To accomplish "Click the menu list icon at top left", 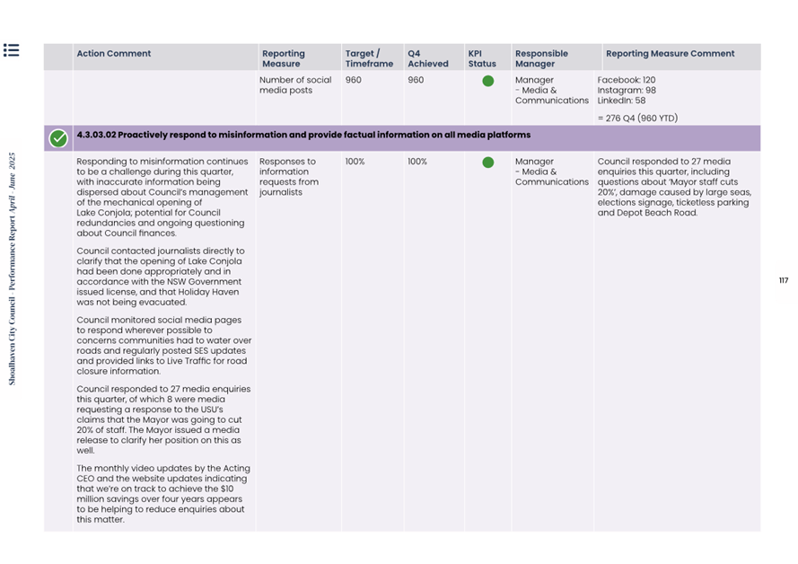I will pos(11,50).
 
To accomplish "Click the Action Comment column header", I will pos(114,54).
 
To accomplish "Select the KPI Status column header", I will pos(482,58).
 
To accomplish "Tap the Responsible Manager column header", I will pos(541,58).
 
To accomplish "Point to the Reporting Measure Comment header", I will pos(670,54).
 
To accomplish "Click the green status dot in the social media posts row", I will pos(487,81).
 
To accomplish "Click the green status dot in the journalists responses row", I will pos(487,163).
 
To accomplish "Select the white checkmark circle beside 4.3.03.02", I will pos(58,138).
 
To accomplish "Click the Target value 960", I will pos(353,81).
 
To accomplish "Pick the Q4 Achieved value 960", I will pos(416,81).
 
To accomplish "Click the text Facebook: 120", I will pos(627,81).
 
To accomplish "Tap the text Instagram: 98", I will pos(627,91).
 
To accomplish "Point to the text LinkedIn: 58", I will pos(621,101).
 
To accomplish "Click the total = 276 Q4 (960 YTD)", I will pos(637,119).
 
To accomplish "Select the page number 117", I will pos(784,281).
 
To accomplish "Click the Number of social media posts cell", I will pos(295,85).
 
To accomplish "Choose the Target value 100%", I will pos(355,163).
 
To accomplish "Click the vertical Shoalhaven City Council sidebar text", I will pos(13,269).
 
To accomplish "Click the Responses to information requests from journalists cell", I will pos(288,177).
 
